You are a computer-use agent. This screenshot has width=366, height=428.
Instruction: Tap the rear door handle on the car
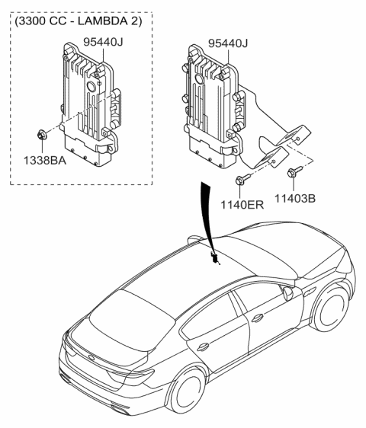click(204, 347)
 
